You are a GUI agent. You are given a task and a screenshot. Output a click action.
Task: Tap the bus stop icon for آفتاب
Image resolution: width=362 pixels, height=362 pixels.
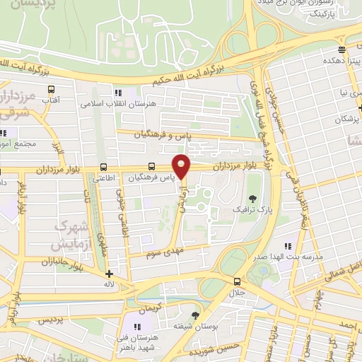pyautogui.click(x=51, y=90)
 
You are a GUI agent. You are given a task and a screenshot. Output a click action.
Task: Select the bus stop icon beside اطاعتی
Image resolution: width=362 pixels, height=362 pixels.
pyautogui.click(x=104, y=168)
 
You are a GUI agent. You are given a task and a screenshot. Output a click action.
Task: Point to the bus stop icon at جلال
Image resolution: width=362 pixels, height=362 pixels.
pyautogui.click(x=237, y=281)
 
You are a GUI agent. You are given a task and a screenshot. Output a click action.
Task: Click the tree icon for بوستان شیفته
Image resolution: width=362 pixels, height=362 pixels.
pyautogui.click(x=195, y=315)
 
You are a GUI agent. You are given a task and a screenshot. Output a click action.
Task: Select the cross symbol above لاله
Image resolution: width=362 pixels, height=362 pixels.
pyautogui.click(x=108, y=274)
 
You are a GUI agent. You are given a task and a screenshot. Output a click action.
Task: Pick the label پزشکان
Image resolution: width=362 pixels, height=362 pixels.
pyautogui.click(x=347, y=119)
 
